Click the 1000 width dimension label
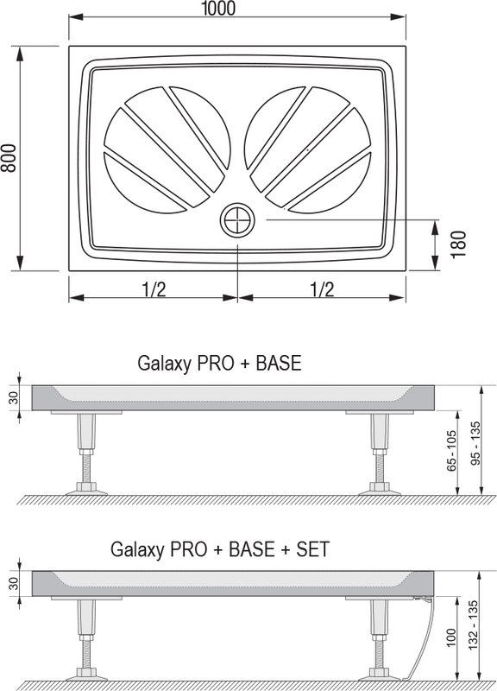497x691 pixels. point(218,8)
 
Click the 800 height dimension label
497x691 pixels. point(9,158)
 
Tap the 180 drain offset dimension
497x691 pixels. point(459,245)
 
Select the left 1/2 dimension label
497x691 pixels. point(154,289)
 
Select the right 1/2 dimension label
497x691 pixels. point(322,289)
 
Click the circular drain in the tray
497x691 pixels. point(238,220)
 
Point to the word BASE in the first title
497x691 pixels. point(279,363)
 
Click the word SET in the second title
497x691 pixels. point(312,549)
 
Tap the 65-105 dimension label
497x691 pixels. point(451,451)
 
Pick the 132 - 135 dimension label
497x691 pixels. point(473,624)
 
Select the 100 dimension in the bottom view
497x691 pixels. point(451,637)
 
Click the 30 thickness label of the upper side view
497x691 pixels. point(14,398)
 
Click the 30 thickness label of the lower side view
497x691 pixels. point(14,584)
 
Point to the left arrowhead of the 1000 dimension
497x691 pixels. point(76,17)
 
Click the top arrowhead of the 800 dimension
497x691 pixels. point(20,54)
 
